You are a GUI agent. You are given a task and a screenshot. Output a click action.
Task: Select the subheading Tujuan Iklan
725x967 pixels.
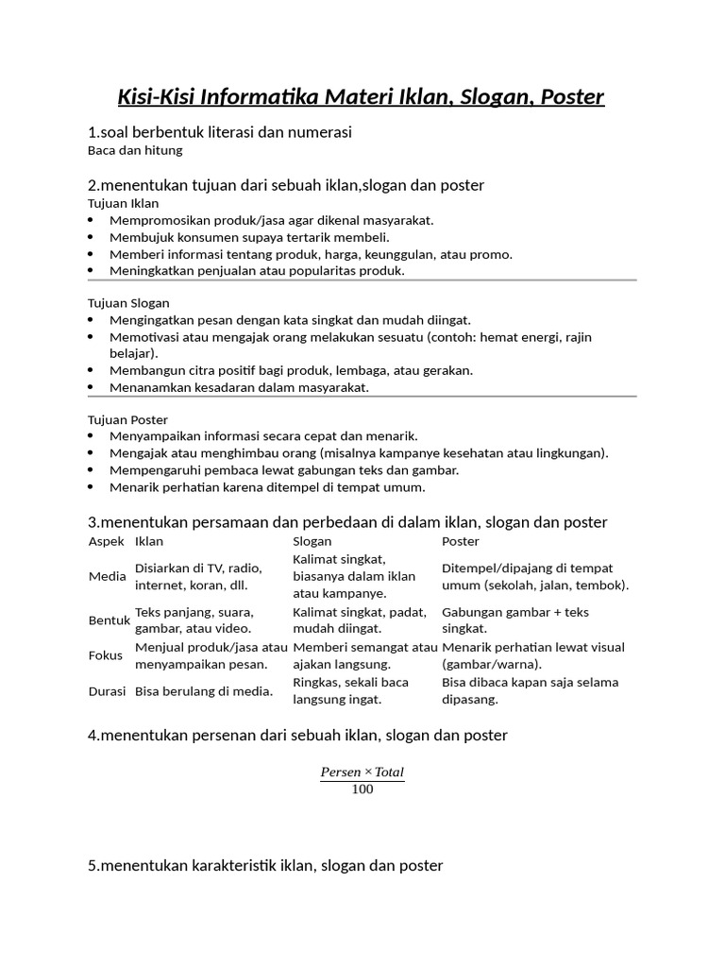123,203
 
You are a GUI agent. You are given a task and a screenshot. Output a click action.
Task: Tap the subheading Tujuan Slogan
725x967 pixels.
128,303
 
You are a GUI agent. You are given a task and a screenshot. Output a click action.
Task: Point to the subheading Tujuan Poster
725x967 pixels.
127,419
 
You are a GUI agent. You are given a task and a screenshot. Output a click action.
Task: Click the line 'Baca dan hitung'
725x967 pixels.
134,150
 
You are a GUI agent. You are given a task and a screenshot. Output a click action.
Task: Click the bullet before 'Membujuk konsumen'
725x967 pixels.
91,237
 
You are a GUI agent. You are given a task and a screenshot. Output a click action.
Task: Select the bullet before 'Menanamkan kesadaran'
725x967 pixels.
91,387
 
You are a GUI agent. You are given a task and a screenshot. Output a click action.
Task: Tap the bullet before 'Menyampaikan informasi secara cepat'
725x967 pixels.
91,436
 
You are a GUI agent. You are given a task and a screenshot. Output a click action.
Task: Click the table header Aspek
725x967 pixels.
106,541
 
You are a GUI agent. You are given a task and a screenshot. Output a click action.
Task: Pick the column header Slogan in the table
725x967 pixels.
312,541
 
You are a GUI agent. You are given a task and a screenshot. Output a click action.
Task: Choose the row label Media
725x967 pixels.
107,576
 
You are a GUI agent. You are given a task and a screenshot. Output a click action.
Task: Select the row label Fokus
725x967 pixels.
106,655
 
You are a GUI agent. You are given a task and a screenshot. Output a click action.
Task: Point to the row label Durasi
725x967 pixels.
108,691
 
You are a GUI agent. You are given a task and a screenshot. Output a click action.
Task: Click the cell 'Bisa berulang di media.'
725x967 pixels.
204,691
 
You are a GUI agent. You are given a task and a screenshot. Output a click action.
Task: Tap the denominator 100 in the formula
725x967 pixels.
362,789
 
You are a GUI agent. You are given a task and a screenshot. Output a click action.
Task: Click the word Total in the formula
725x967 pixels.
389,772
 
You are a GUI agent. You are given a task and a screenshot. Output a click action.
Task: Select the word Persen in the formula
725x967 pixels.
341,772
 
